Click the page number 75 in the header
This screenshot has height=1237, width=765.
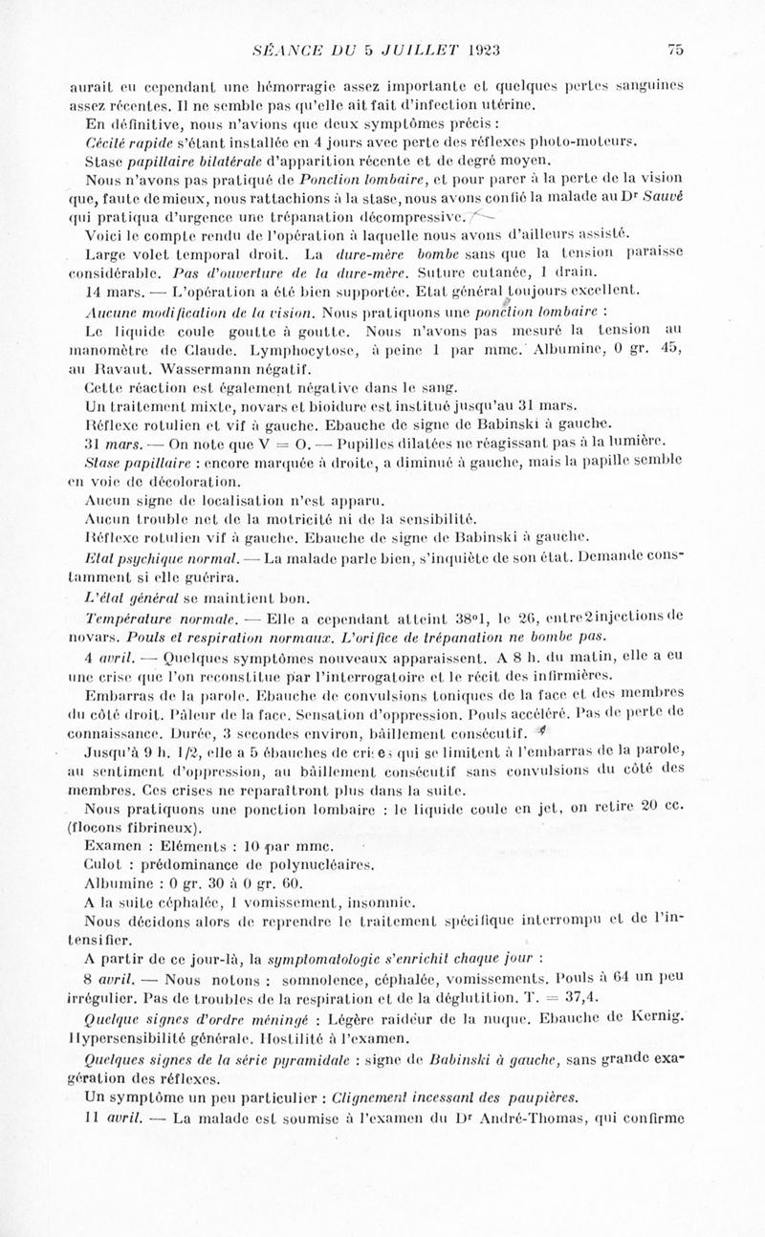675,50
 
